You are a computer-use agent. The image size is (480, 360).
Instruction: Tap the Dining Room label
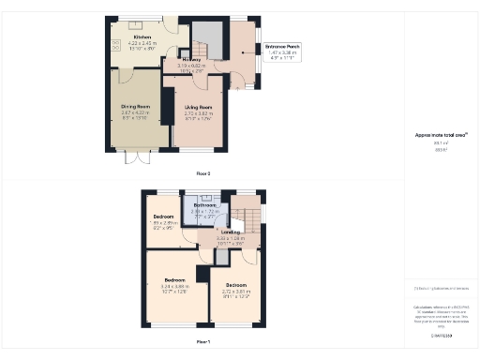point(130,110)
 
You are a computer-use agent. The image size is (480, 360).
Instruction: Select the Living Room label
point(197,111)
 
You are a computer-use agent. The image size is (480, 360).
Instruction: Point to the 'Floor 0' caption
point(203,173)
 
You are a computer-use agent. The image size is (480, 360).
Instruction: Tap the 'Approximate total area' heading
point(441,135)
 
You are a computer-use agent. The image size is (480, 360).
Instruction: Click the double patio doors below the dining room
point(138,157)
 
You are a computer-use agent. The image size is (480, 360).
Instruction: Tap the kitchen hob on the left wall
point(113,45)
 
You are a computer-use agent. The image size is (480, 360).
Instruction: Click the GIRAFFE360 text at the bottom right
point(442,336)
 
